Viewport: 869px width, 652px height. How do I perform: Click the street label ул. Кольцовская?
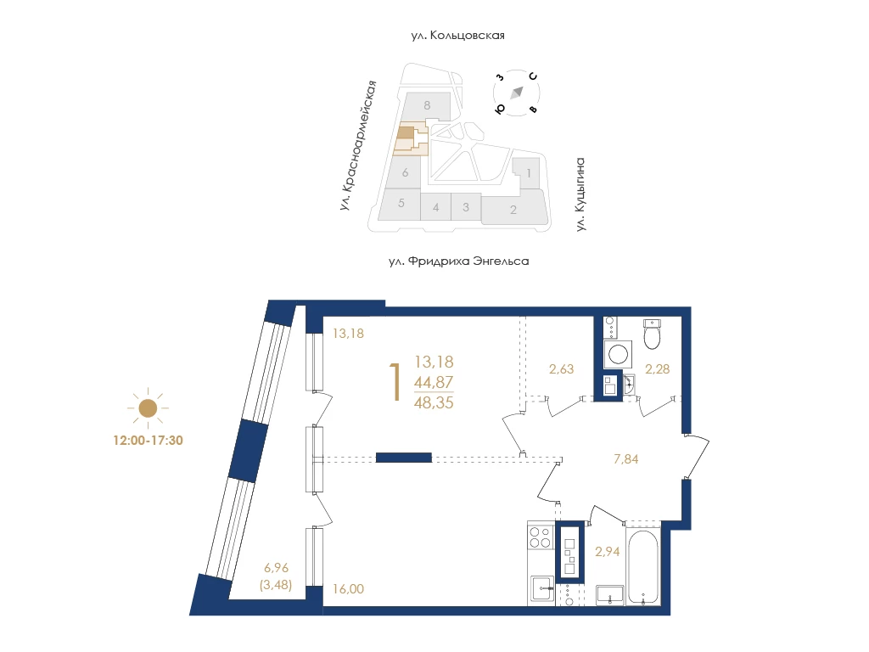457,36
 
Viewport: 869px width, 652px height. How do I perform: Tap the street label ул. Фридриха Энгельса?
459,261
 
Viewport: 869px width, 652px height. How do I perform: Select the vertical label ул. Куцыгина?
580,194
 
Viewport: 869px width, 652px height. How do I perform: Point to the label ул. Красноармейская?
358,145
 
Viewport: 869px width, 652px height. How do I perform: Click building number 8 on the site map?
427,105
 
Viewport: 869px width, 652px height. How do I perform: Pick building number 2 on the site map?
513,210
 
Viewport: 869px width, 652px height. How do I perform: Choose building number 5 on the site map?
401,203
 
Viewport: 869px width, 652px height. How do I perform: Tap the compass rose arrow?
517,93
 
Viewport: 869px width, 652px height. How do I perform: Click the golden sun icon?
148,408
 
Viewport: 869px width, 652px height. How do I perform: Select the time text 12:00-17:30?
148,441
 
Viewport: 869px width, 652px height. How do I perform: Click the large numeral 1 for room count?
395,381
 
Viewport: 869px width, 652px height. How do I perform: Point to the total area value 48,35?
434,402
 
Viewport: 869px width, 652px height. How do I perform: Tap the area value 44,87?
434,382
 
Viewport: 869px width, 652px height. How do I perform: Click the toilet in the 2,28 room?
653,334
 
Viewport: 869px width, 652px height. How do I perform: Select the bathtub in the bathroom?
643,566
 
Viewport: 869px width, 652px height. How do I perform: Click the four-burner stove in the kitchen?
541,537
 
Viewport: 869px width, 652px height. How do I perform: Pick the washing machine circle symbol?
618,353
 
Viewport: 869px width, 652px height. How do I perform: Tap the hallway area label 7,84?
625,459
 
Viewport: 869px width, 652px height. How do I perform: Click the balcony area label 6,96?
276,568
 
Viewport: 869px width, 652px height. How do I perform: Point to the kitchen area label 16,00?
348,589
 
